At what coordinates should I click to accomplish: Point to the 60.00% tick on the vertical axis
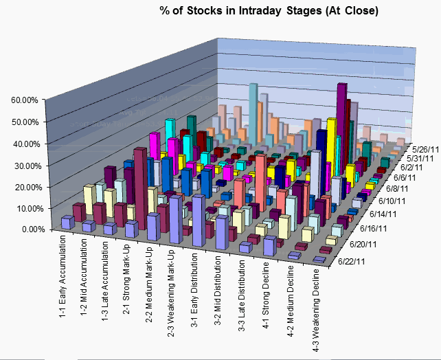pyautogui.click(x=23, y=100)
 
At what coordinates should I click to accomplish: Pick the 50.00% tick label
pyautogui.click(x=23, y=122)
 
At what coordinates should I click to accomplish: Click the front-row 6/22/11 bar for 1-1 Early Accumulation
pyautogui.click(x=67, y=222)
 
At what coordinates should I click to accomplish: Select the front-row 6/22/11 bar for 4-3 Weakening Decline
pyautogui.click(x=318, y=260)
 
